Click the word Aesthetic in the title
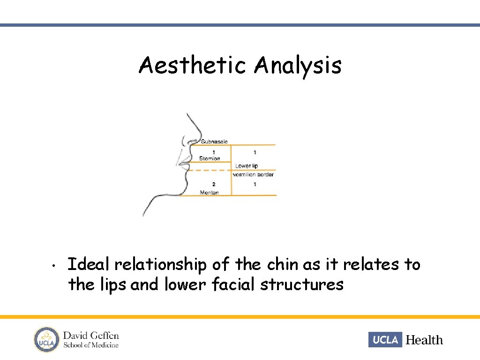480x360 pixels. [192, 66]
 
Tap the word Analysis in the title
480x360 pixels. [298, 66]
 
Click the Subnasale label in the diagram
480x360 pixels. [214, 141]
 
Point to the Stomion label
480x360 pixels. [210, 158]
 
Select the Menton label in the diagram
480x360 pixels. [209, 192]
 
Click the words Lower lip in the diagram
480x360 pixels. [247, 166]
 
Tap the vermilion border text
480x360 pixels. [253, 174]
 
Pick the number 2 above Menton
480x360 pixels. [214, 185]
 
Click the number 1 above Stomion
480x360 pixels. [214, 152]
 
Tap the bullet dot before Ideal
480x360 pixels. [54, 266]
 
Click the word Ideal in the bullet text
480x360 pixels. [89, 265]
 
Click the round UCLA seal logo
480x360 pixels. [45, 339]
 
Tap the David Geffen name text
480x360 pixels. [91, 336]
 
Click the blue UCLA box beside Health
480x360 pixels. [385, 339]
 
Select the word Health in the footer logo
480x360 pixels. [424, 340]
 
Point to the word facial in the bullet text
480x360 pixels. [234, 285]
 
